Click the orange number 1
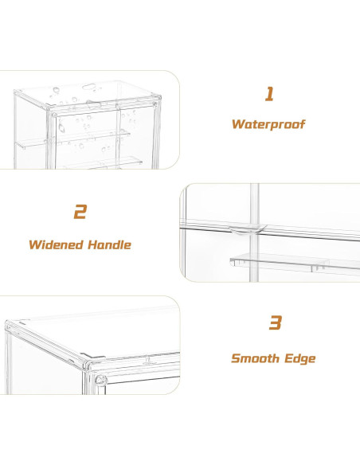pos(269,94)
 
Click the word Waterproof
pos(268,124)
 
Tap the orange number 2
pos(80,213)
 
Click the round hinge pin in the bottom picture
pos(100,381)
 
